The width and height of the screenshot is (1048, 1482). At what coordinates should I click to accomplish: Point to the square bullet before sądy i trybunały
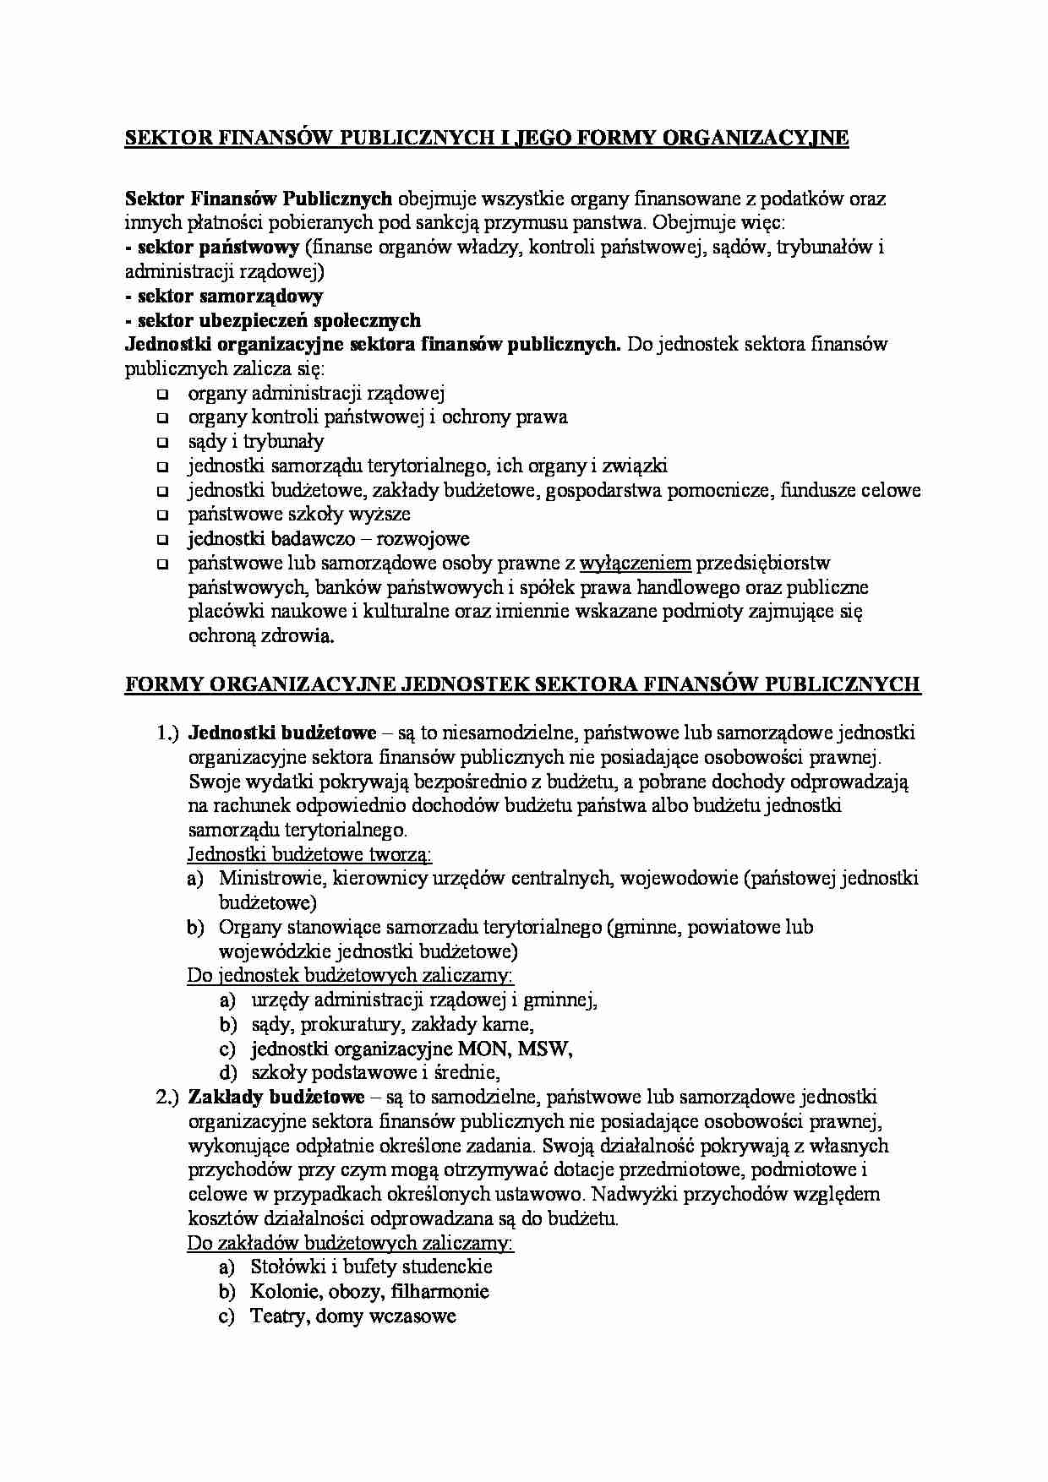click(x=162, y=442)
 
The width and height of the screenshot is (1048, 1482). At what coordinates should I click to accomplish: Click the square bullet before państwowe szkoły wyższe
click(x=162, y=515)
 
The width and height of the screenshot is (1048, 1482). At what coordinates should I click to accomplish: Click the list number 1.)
click(x=168, y=733)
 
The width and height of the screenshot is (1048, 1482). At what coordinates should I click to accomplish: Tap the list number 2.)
click(x=168, y=1097)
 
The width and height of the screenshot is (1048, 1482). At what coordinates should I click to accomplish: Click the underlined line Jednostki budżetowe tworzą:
click(x=309, y=853)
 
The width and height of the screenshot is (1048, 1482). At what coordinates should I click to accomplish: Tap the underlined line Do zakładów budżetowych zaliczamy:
click(x=350, y=1243)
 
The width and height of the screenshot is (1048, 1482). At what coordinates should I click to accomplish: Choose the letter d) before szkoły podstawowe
click(x=227, y=1073)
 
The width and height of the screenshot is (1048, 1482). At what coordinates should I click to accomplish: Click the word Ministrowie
click(x=270, y=878)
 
